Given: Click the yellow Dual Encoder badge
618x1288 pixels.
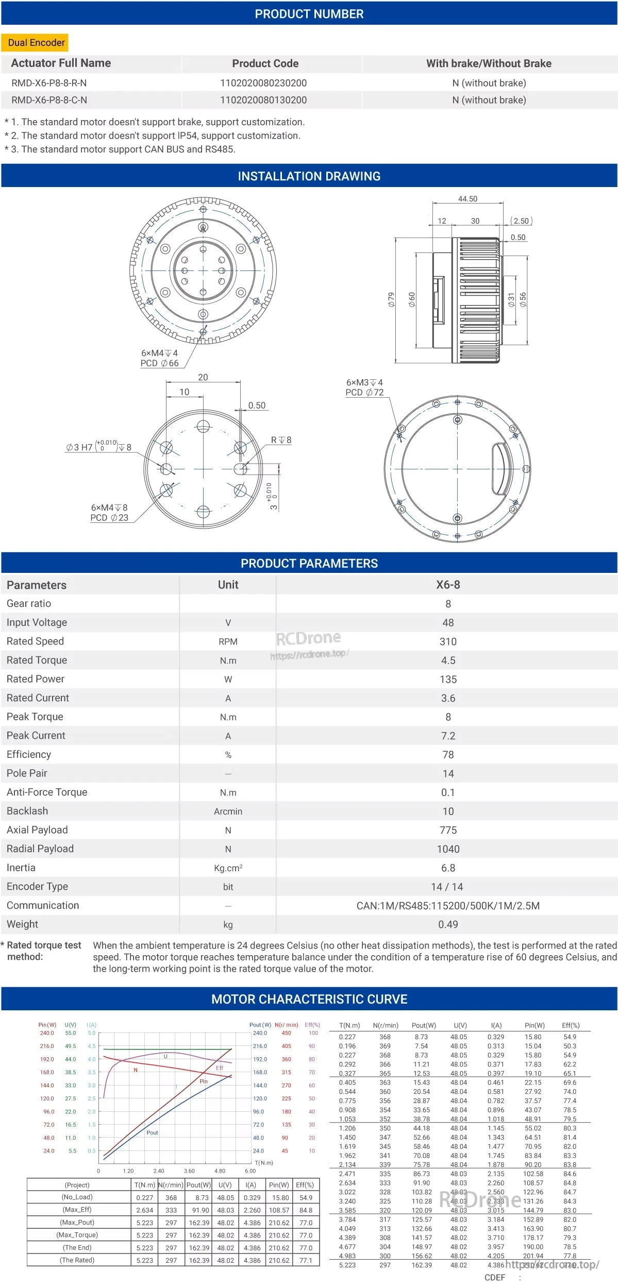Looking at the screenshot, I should click(x=36, y=43).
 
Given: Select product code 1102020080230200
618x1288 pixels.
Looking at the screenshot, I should click(x=263, y=83).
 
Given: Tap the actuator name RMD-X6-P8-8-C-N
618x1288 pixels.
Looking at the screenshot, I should click(x=49, y=100).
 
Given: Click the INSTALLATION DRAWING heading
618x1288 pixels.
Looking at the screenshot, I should click(x=309, y=176).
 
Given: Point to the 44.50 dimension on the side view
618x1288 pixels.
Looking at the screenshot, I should click(x=467, y=199).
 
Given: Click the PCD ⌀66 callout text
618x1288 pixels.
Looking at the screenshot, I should click(x=160, y=363).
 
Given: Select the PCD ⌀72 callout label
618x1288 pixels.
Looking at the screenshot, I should click(x=364, y=393).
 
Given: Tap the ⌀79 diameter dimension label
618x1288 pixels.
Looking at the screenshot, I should click(x=391, y=299).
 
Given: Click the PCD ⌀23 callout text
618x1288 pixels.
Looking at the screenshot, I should click(x=109, y=518).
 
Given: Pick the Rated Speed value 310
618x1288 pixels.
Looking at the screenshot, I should click(x=448, y=641).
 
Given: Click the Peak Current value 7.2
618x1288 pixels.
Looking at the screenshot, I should click(x=448, y=736).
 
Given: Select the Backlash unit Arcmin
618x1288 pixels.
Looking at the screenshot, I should click(x=228, y=811).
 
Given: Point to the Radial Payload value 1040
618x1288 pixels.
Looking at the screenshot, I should click(x=448, y=849).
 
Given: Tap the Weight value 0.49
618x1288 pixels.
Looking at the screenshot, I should click(x=448, y=925).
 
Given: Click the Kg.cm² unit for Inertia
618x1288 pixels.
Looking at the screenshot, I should click(x=228, y=868).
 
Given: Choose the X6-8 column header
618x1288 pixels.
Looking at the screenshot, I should click(x=448, y=585).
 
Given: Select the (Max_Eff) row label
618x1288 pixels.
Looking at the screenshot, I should click(x=77, y=1210).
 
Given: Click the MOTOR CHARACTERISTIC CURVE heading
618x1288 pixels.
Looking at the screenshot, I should click(x=309, y=999).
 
